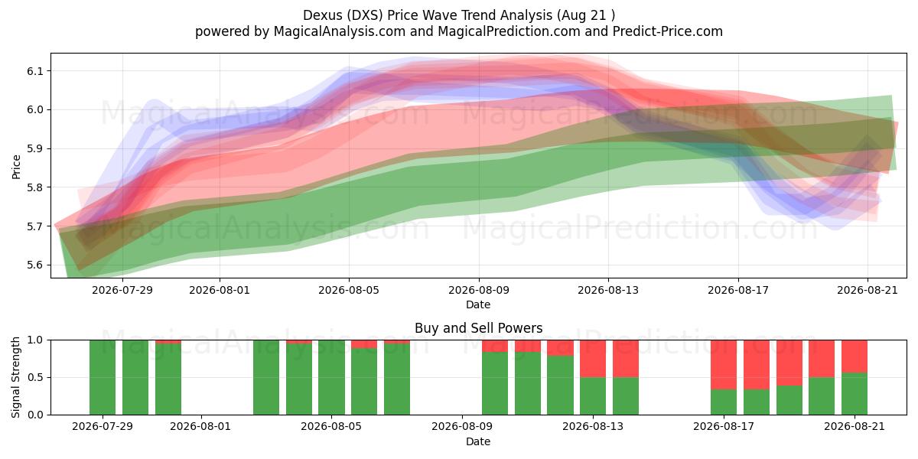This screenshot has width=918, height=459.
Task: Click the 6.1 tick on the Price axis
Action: click(x=34, y=71)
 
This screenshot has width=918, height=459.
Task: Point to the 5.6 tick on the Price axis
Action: click(x=34, y=265)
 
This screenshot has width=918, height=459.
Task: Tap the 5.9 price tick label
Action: click(x=34, y=148)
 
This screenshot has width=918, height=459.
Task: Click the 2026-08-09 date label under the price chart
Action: click(x=479, y=290)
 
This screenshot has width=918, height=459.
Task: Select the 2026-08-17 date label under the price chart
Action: click(x=738, y=290)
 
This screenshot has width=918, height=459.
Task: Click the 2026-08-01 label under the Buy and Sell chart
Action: click(x=200, y=427)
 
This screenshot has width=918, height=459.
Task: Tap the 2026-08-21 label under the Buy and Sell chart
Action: click(x=855, y=427)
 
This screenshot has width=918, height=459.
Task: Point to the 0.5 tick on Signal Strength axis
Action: click(x=36, y=377)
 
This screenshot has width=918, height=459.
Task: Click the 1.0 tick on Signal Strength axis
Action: click(x=36, y=340)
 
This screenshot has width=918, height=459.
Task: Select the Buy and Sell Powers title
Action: click(x=478, y=328)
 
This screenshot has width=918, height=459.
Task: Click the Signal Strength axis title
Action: click(x=15, y=377)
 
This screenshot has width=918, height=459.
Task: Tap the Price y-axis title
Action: click(x=16, y=167)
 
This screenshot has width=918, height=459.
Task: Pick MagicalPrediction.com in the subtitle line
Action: click(x=509, y=31)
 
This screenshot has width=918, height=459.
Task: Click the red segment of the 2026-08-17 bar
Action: click(x=724, y=365)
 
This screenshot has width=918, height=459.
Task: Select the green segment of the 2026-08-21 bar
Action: click(x=855, y=394)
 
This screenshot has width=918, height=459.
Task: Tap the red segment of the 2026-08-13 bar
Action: click(x=593, y=359)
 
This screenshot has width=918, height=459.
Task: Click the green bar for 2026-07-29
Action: click(x=103, y=377)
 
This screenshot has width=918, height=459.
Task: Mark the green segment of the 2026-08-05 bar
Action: click(x=331, y=377)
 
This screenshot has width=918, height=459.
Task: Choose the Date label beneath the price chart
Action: click(x=478, y=304)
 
